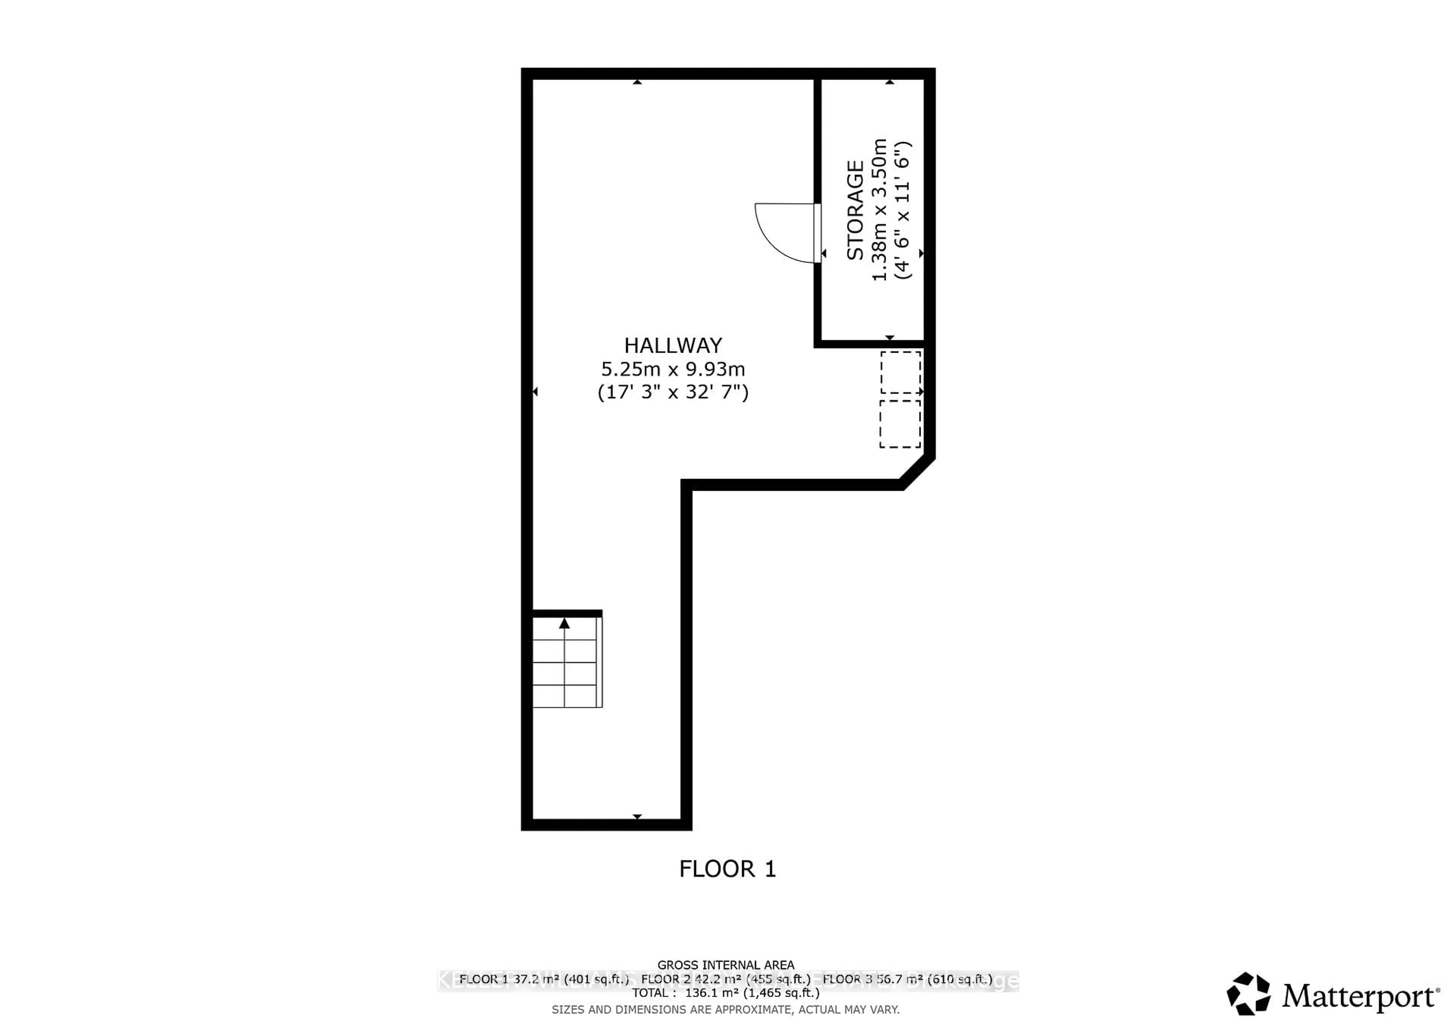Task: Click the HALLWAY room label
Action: pyautogui.click(x=673, y=345)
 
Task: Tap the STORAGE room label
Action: pyautogui.click(x=855, y=210)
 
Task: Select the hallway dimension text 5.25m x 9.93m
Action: pyautogui.click(x=673, y=369)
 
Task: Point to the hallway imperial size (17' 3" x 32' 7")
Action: pyautogui.click(x=673, y=392)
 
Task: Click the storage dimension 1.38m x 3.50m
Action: pyautogui.click(x=880, y=210)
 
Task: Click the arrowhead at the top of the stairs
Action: pyautogui.click(x=565, y=623)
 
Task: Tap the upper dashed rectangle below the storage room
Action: pyautogui.click(x=901, y=372)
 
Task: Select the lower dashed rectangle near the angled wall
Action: pyautogui.click(x=900, y=424)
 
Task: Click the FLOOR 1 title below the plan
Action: pyautogui.click(x=727, y=869)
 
